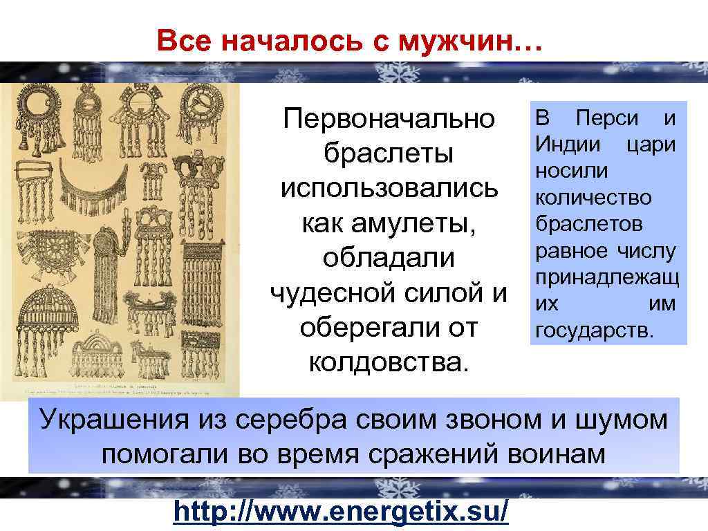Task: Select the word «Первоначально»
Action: tap(389, 119)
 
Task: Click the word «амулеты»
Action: tap(389, 223)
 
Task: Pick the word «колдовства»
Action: tap(389, 361)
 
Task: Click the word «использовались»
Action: tap(389, 188)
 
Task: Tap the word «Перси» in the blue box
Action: tap(607, 118)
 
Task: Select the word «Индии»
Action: tap(563, 145)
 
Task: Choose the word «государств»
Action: tap(593, 330)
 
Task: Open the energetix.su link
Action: tap(342, 512)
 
